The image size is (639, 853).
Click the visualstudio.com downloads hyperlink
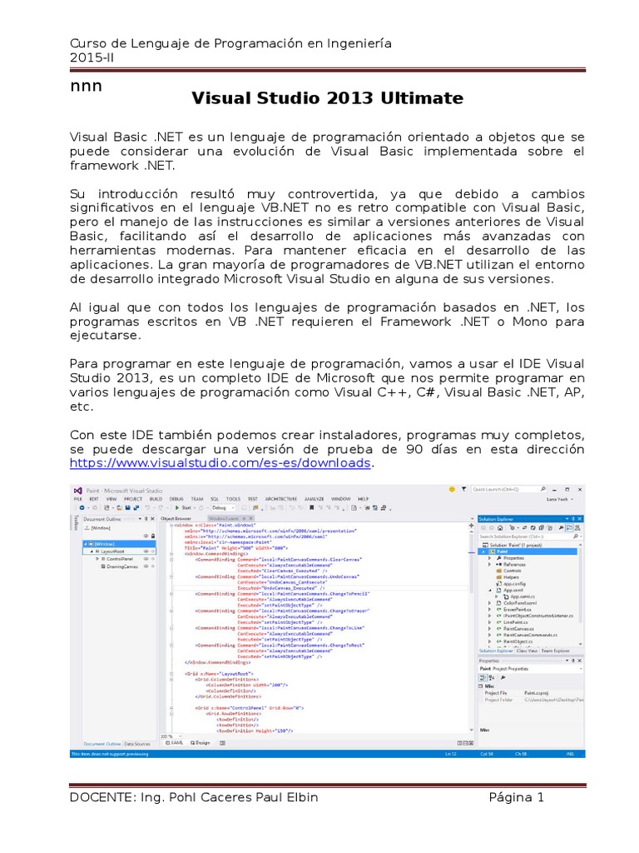click(x=220, y=462)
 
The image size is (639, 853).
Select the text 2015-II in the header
click(x=93, y=59)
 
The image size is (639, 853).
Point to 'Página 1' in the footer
click(x=516, y=797)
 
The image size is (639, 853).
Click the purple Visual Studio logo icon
click(x=77, y=491)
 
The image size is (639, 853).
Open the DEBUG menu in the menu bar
click(x=176, y=498)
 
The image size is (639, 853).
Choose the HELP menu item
click(x=363, y=498)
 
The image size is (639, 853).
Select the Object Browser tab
click(x=176, y=517)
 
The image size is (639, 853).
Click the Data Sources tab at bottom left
click(x=137, y=743)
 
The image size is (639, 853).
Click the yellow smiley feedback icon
click(x=452, y=490)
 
